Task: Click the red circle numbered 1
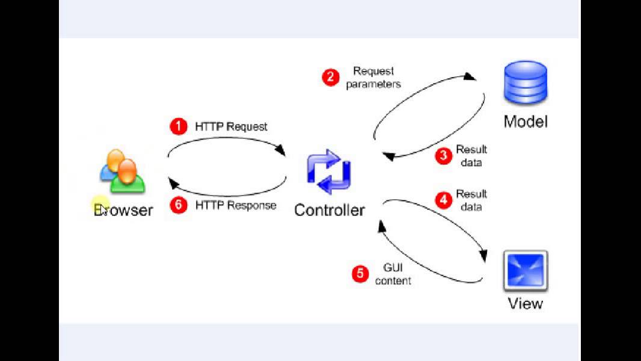point(179,126)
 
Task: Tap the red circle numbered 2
point(330,77)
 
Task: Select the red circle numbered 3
point(444,156)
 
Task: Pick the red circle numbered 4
point(444,200)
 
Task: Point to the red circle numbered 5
point(360,274)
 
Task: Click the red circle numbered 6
point(179,205)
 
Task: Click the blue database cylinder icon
point(526,84)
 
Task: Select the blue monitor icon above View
point(526,270)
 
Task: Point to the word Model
point(526,122)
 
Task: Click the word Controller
point(329,210)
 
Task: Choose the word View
point(526,303)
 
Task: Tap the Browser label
point(123,210)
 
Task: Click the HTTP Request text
point(231,126)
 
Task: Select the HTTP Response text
point(236,205)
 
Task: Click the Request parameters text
point(373,78)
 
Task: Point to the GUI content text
point(393,274)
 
